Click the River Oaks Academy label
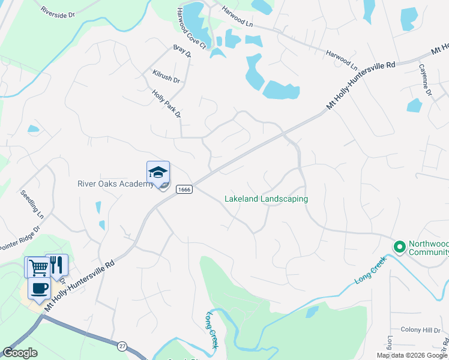click(115, 184)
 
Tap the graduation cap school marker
click(158, 173)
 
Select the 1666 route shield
click(184, 189)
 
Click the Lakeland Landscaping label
click(266, 199)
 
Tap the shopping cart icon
click(37, 266)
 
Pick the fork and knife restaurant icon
click(56, 265)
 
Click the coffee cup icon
click(40, 287)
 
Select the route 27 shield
click(122, 346)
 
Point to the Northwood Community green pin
click(399, 247)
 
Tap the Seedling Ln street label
click(32, 203)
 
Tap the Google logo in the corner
click(20, 353)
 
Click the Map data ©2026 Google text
click(412, 355)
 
